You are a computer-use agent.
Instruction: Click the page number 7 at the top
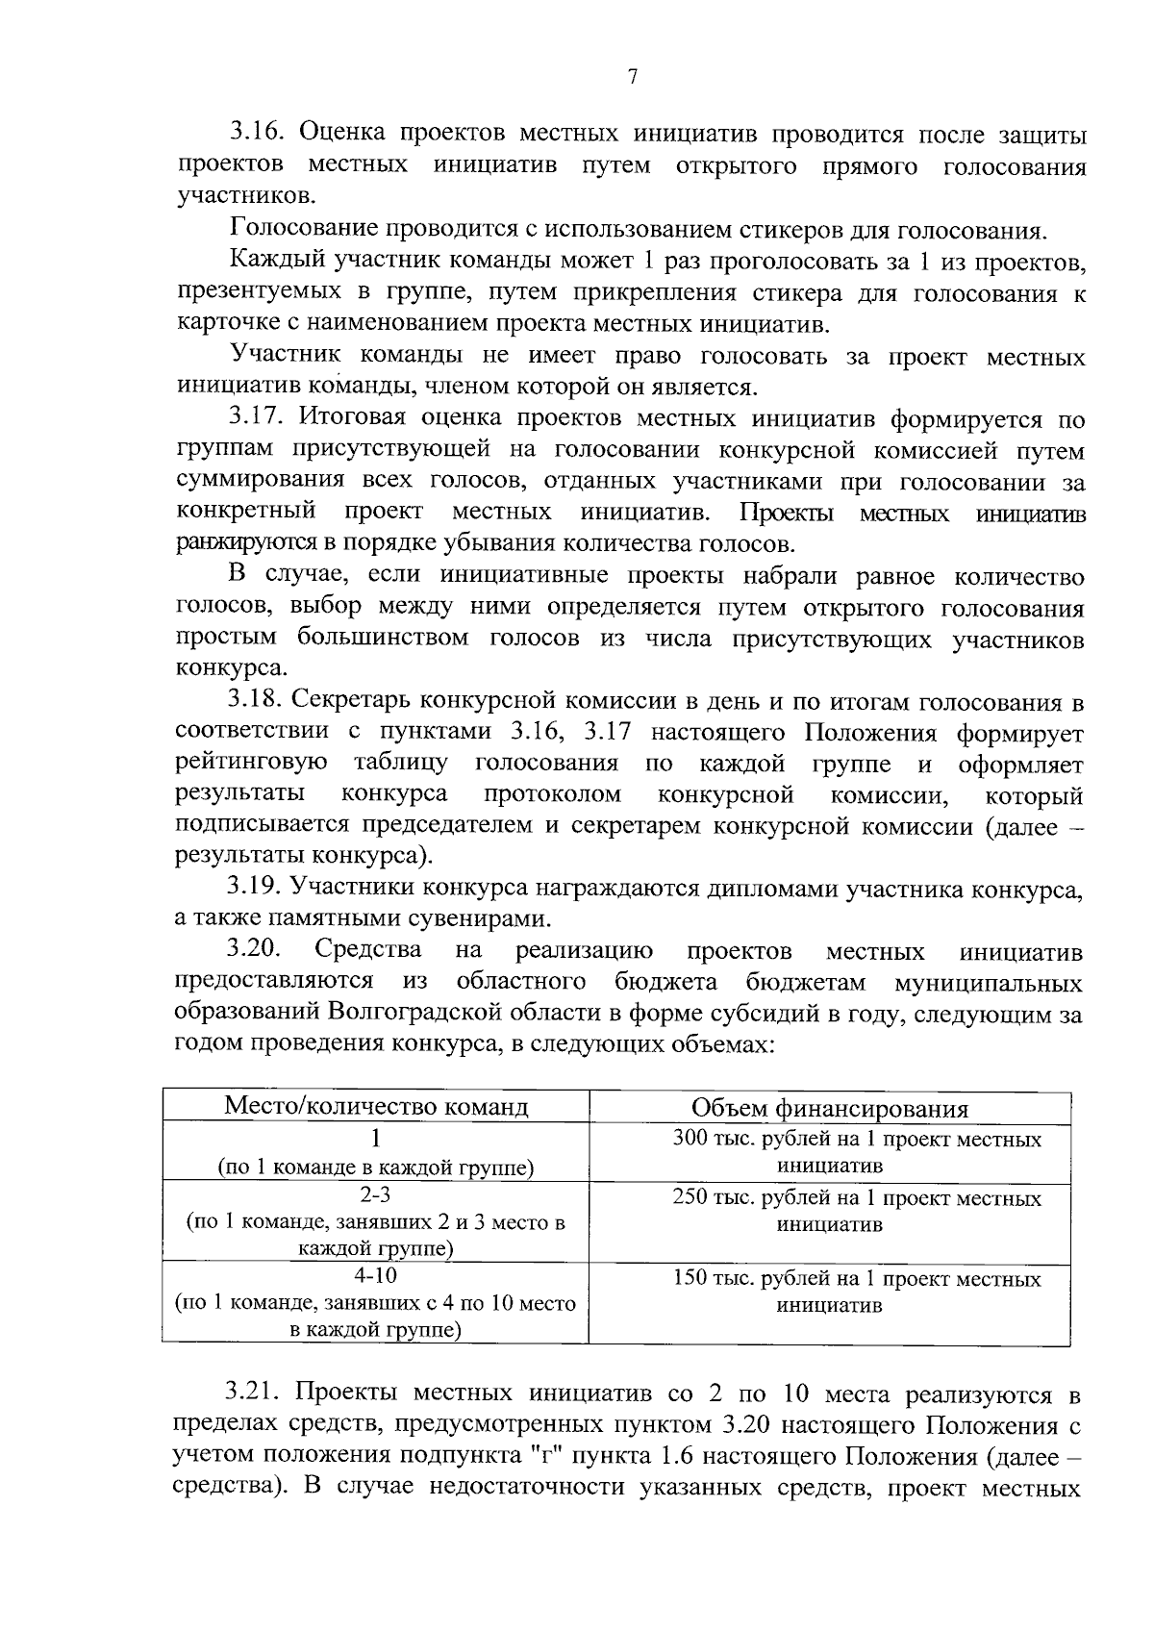[632, 77]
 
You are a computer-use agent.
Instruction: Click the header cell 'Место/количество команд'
[376, 1106]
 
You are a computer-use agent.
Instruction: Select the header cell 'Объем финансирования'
[829, 1108]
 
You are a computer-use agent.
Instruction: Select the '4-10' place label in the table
[375, 1276]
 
